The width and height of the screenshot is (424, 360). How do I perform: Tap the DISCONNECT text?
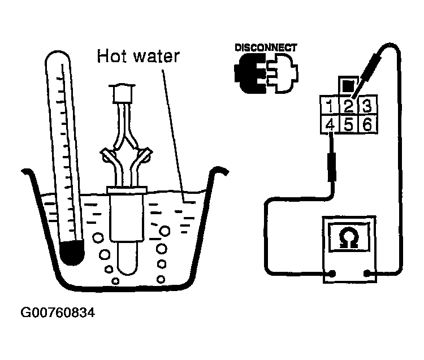(x=266, y=47)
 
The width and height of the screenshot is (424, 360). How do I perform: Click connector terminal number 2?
(x=349, y=106)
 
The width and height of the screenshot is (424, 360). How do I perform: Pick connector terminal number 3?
(x=366, y=106)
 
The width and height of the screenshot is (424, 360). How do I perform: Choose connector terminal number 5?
(x=349, y=124)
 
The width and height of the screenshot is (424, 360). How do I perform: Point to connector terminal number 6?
(x=366, y=124)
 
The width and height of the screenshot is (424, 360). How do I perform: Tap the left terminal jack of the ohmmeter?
(x=332, y=275)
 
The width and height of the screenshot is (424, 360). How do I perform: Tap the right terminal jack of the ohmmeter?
(x=367, y=275)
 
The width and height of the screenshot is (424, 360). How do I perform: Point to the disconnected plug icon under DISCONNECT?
(x=265, y=73)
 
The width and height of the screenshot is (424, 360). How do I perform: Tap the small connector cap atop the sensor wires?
(x=123, y=93)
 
